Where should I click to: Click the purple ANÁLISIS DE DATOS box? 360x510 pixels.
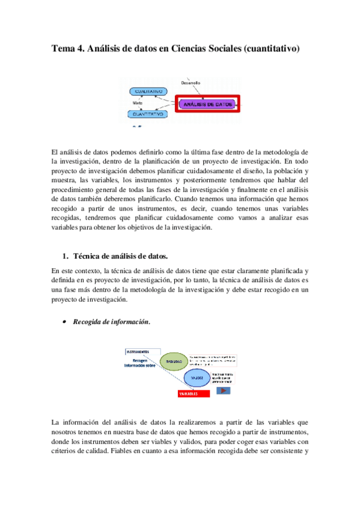tap(207, 104)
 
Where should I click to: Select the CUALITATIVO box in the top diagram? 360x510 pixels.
tap(147, 91)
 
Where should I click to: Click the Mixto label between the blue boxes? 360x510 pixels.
tap(137, 102)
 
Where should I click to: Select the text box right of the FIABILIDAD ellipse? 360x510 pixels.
tap(212, 360)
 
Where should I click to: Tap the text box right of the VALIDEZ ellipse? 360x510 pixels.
tap(230, 377)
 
